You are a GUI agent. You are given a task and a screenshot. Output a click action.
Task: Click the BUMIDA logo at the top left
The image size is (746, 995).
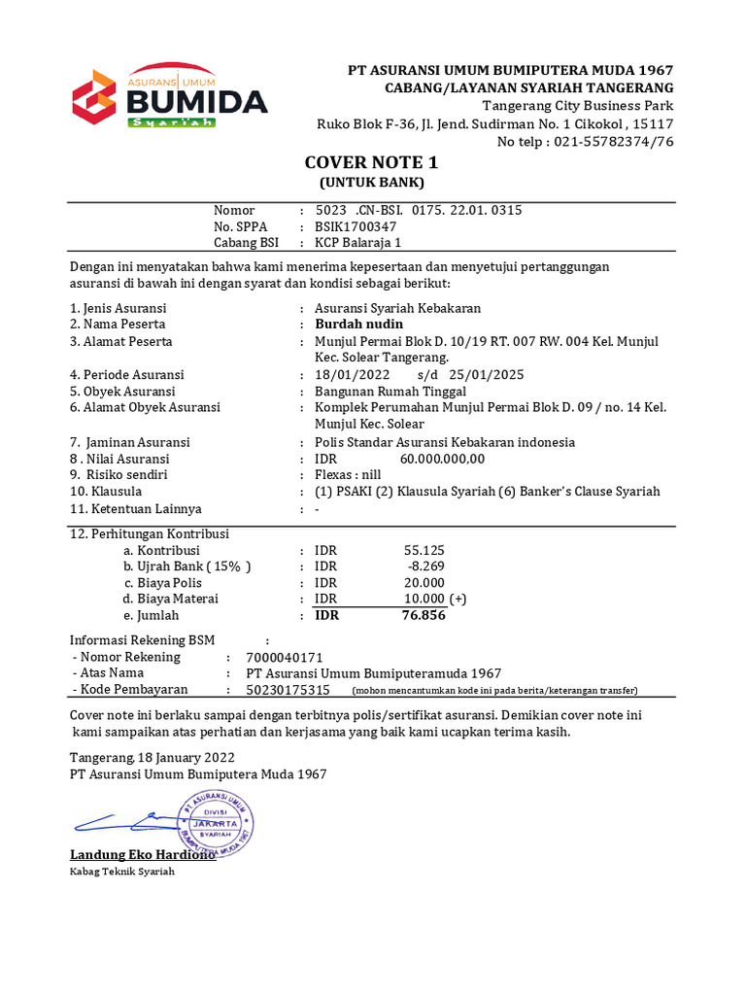click(170, 97)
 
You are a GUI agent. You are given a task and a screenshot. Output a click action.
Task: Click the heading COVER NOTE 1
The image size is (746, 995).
click(373, 162)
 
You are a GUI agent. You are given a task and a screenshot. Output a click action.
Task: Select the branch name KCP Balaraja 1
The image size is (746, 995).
click(357, 243)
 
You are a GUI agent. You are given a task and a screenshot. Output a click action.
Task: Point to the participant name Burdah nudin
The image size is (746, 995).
click(358, 324)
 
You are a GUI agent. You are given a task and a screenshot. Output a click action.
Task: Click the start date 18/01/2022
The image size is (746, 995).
click(352, 374)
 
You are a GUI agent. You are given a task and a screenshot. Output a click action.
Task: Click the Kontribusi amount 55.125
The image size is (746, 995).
click(424, 549)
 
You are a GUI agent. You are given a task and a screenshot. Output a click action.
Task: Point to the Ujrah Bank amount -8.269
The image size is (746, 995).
click(426, 566)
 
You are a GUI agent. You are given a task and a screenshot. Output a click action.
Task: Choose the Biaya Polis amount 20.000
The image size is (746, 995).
click(424, 582)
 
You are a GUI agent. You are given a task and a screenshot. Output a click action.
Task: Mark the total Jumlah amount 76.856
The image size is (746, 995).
click(424, 615)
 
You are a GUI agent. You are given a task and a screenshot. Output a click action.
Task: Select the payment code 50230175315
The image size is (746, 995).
click(288, 690)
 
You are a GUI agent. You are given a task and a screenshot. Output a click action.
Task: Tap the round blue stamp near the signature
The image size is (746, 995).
click(214, 822)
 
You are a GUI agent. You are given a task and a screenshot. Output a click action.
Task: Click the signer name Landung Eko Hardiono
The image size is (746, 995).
click(142, 855)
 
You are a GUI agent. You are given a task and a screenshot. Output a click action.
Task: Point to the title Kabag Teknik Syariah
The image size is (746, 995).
click(121, 873)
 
